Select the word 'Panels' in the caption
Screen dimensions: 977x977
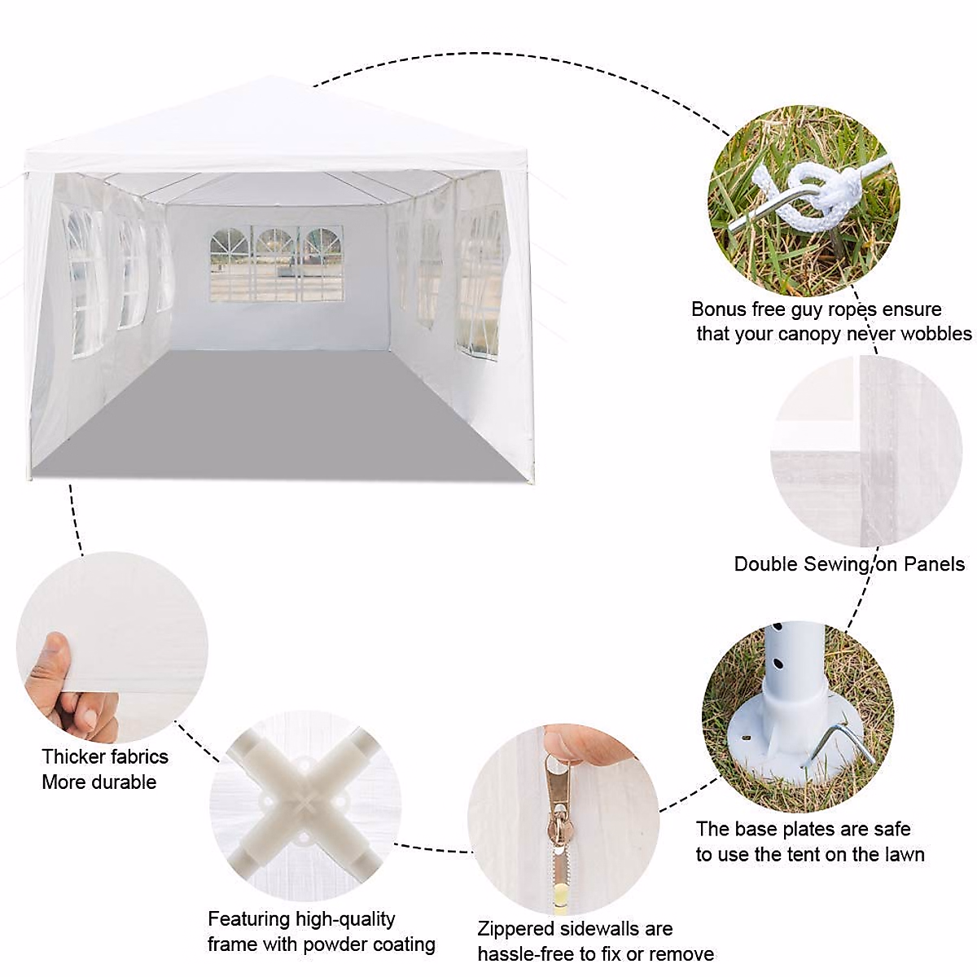click(935, 564)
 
